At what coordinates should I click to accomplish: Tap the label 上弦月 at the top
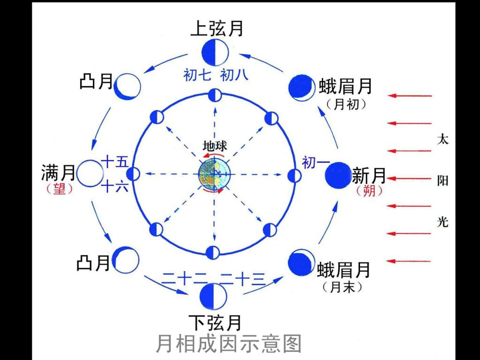point(217,29)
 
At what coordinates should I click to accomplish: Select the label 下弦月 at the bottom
point(216,322)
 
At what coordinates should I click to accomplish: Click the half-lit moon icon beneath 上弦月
point(215,53)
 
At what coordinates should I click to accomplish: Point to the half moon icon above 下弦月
point(213,296)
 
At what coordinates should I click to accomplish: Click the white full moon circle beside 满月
point(90,173)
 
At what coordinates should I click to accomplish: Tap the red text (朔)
point(369,191)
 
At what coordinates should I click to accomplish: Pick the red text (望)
point(60,189)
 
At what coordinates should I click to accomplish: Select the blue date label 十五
point(115,163)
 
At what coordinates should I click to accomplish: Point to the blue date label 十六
point(115,187)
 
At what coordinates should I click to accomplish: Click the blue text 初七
point(197,75)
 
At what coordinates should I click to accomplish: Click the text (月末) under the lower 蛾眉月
point(343,287)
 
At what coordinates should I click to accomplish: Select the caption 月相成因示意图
point(228,344)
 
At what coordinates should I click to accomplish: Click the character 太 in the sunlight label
point(442,139)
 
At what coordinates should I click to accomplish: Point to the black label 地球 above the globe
point(215,146)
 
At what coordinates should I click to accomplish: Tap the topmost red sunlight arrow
point(410,96)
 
